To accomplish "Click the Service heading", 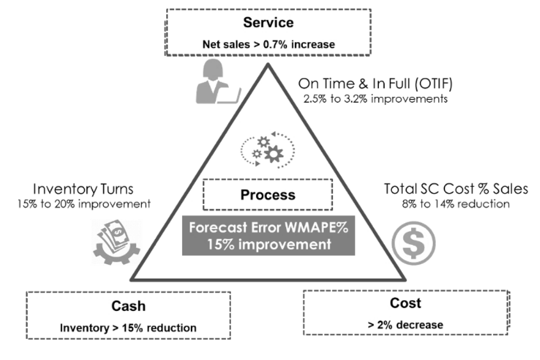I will (x=268, y=22).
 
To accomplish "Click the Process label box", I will (x=268, y=194).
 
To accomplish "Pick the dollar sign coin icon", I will (x=413, y=243).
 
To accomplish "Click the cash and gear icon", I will (x=116, y=242).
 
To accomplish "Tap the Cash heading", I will (x=128, y=306).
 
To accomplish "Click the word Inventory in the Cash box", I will (x=82, y=328).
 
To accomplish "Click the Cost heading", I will (x=405, y=303).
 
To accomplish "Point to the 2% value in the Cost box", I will (x=384, y=324).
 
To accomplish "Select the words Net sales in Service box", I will (x=225, y=45).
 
